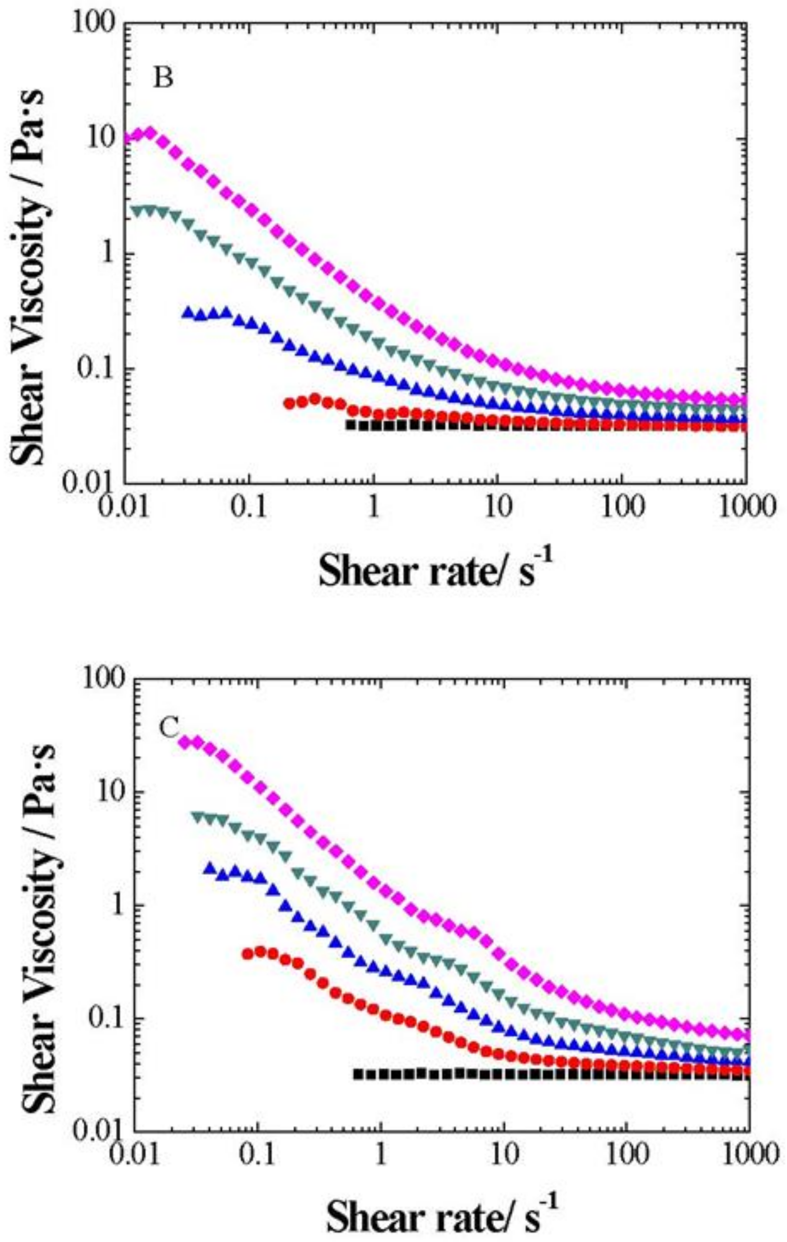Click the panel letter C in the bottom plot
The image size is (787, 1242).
point(169,729)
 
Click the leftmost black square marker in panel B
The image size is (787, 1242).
point(350,425)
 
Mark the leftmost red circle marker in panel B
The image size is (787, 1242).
point(290,403)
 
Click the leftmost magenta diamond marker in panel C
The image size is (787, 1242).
point(184,742)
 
